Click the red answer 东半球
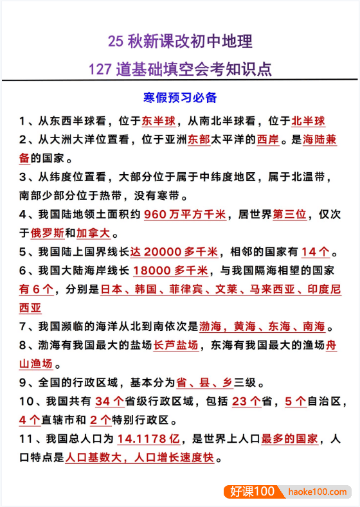pos(158,121)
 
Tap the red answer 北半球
pos(308,121)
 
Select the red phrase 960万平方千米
pos(184,214)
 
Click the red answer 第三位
pos(290,214)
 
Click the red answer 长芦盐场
pos(175,345)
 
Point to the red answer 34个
pos(109,402)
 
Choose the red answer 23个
pos(246,402)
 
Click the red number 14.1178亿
pos(150,439)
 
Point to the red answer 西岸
pos(267,139)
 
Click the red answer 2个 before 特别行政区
pos(100,420)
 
